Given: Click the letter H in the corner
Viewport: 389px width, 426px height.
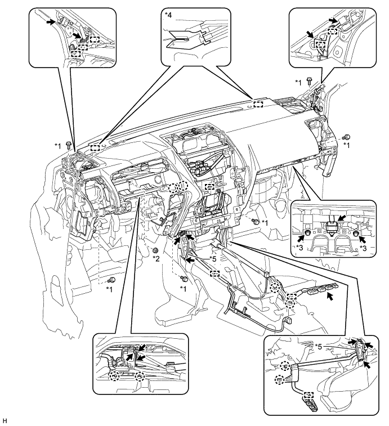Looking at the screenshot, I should point(5,420).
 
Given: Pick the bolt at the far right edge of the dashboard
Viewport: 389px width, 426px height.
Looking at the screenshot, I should point(347,137).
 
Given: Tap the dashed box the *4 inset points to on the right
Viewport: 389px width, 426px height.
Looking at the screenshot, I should point(258,103).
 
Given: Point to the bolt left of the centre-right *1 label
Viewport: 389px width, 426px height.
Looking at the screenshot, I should point(255,223).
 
